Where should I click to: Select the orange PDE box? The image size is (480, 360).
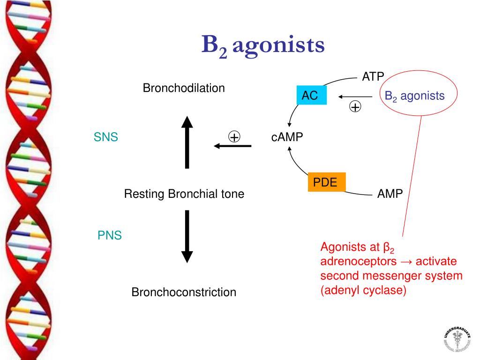coord(326,182)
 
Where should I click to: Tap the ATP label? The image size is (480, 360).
coord(373,77)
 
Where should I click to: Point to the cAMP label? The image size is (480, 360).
coord(287,137)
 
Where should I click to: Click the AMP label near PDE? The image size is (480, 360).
coord(390,194)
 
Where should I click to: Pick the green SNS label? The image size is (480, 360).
coord(106,137)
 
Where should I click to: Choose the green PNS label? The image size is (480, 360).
coord(110,235)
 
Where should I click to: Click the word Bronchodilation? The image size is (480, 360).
coord(184,88)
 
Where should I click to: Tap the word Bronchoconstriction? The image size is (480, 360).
coord(184,292)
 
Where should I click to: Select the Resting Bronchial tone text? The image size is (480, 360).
coord(184,194)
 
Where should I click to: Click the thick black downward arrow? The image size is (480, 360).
coord(187,236)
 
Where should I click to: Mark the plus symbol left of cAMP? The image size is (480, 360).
coord(234,136)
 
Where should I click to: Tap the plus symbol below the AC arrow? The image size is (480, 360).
coord(355,107)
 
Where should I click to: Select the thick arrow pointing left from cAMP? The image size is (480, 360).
coord(232,146)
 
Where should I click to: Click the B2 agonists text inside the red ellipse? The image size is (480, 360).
coord(414,96)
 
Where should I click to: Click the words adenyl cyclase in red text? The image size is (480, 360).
coord(364,291)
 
